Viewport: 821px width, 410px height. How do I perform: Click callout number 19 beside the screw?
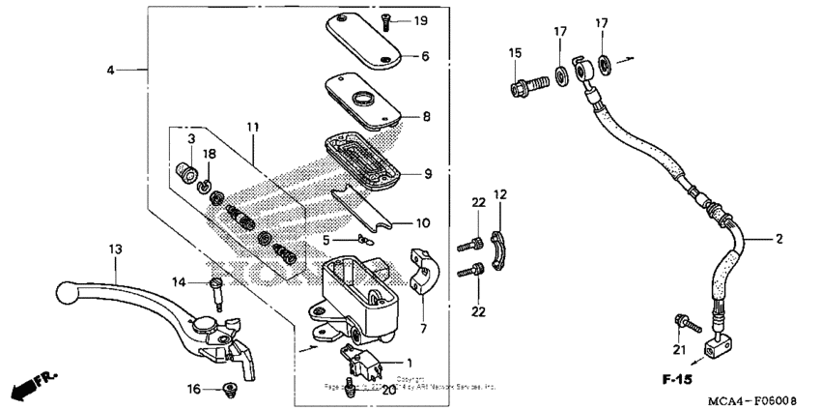[x=420, y=21]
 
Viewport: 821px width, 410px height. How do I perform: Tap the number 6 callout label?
[x=425, y=56]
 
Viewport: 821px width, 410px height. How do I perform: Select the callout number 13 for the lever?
[x=115, y=249]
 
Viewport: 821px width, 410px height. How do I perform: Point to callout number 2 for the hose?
[x=779, y=237]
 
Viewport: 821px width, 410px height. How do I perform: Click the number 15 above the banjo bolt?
[x=515, y=52]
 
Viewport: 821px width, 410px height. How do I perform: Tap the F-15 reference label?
[x=679, y=379]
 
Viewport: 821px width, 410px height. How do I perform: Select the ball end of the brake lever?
[x=64, y=289]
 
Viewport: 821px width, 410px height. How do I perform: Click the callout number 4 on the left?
[x=110, y=71]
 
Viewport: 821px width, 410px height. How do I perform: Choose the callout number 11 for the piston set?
[x=252, y=128]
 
